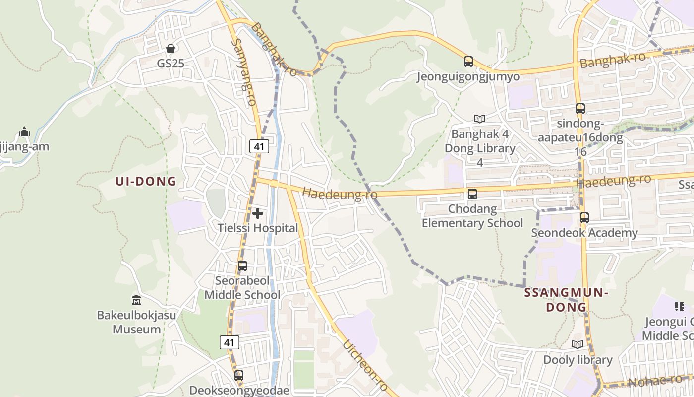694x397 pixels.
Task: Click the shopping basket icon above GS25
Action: coord(171,49)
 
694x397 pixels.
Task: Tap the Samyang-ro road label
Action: coord(243,72)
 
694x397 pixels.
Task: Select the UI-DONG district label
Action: coord(146,181)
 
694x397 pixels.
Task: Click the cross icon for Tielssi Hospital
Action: coord(258,213)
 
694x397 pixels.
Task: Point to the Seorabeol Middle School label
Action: coord(242,288)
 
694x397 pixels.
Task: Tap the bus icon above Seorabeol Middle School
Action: coord(242,266)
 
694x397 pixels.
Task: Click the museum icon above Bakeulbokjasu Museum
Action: coord(136,300)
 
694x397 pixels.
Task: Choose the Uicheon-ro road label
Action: coord(365,366)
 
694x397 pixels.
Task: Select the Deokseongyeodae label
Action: coord(239,390)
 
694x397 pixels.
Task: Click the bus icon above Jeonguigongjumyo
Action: coord(468,62)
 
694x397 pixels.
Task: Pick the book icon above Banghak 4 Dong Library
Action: coord(479,119)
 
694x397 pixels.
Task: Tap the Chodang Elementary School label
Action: coord(472,216)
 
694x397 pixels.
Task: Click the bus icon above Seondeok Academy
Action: coord(584,217)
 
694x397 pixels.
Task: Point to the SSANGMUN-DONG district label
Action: coord(566,300)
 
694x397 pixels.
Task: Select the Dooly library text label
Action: coord(578,360)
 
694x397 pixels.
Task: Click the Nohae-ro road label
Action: coord(655,381)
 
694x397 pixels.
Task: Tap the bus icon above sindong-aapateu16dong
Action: coord(580,108)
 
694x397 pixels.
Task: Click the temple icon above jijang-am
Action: coord(24,132)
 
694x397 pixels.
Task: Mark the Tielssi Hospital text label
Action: coord(258,228)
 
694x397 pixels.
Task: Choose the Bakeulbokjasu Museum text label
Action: coord(136,322)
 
